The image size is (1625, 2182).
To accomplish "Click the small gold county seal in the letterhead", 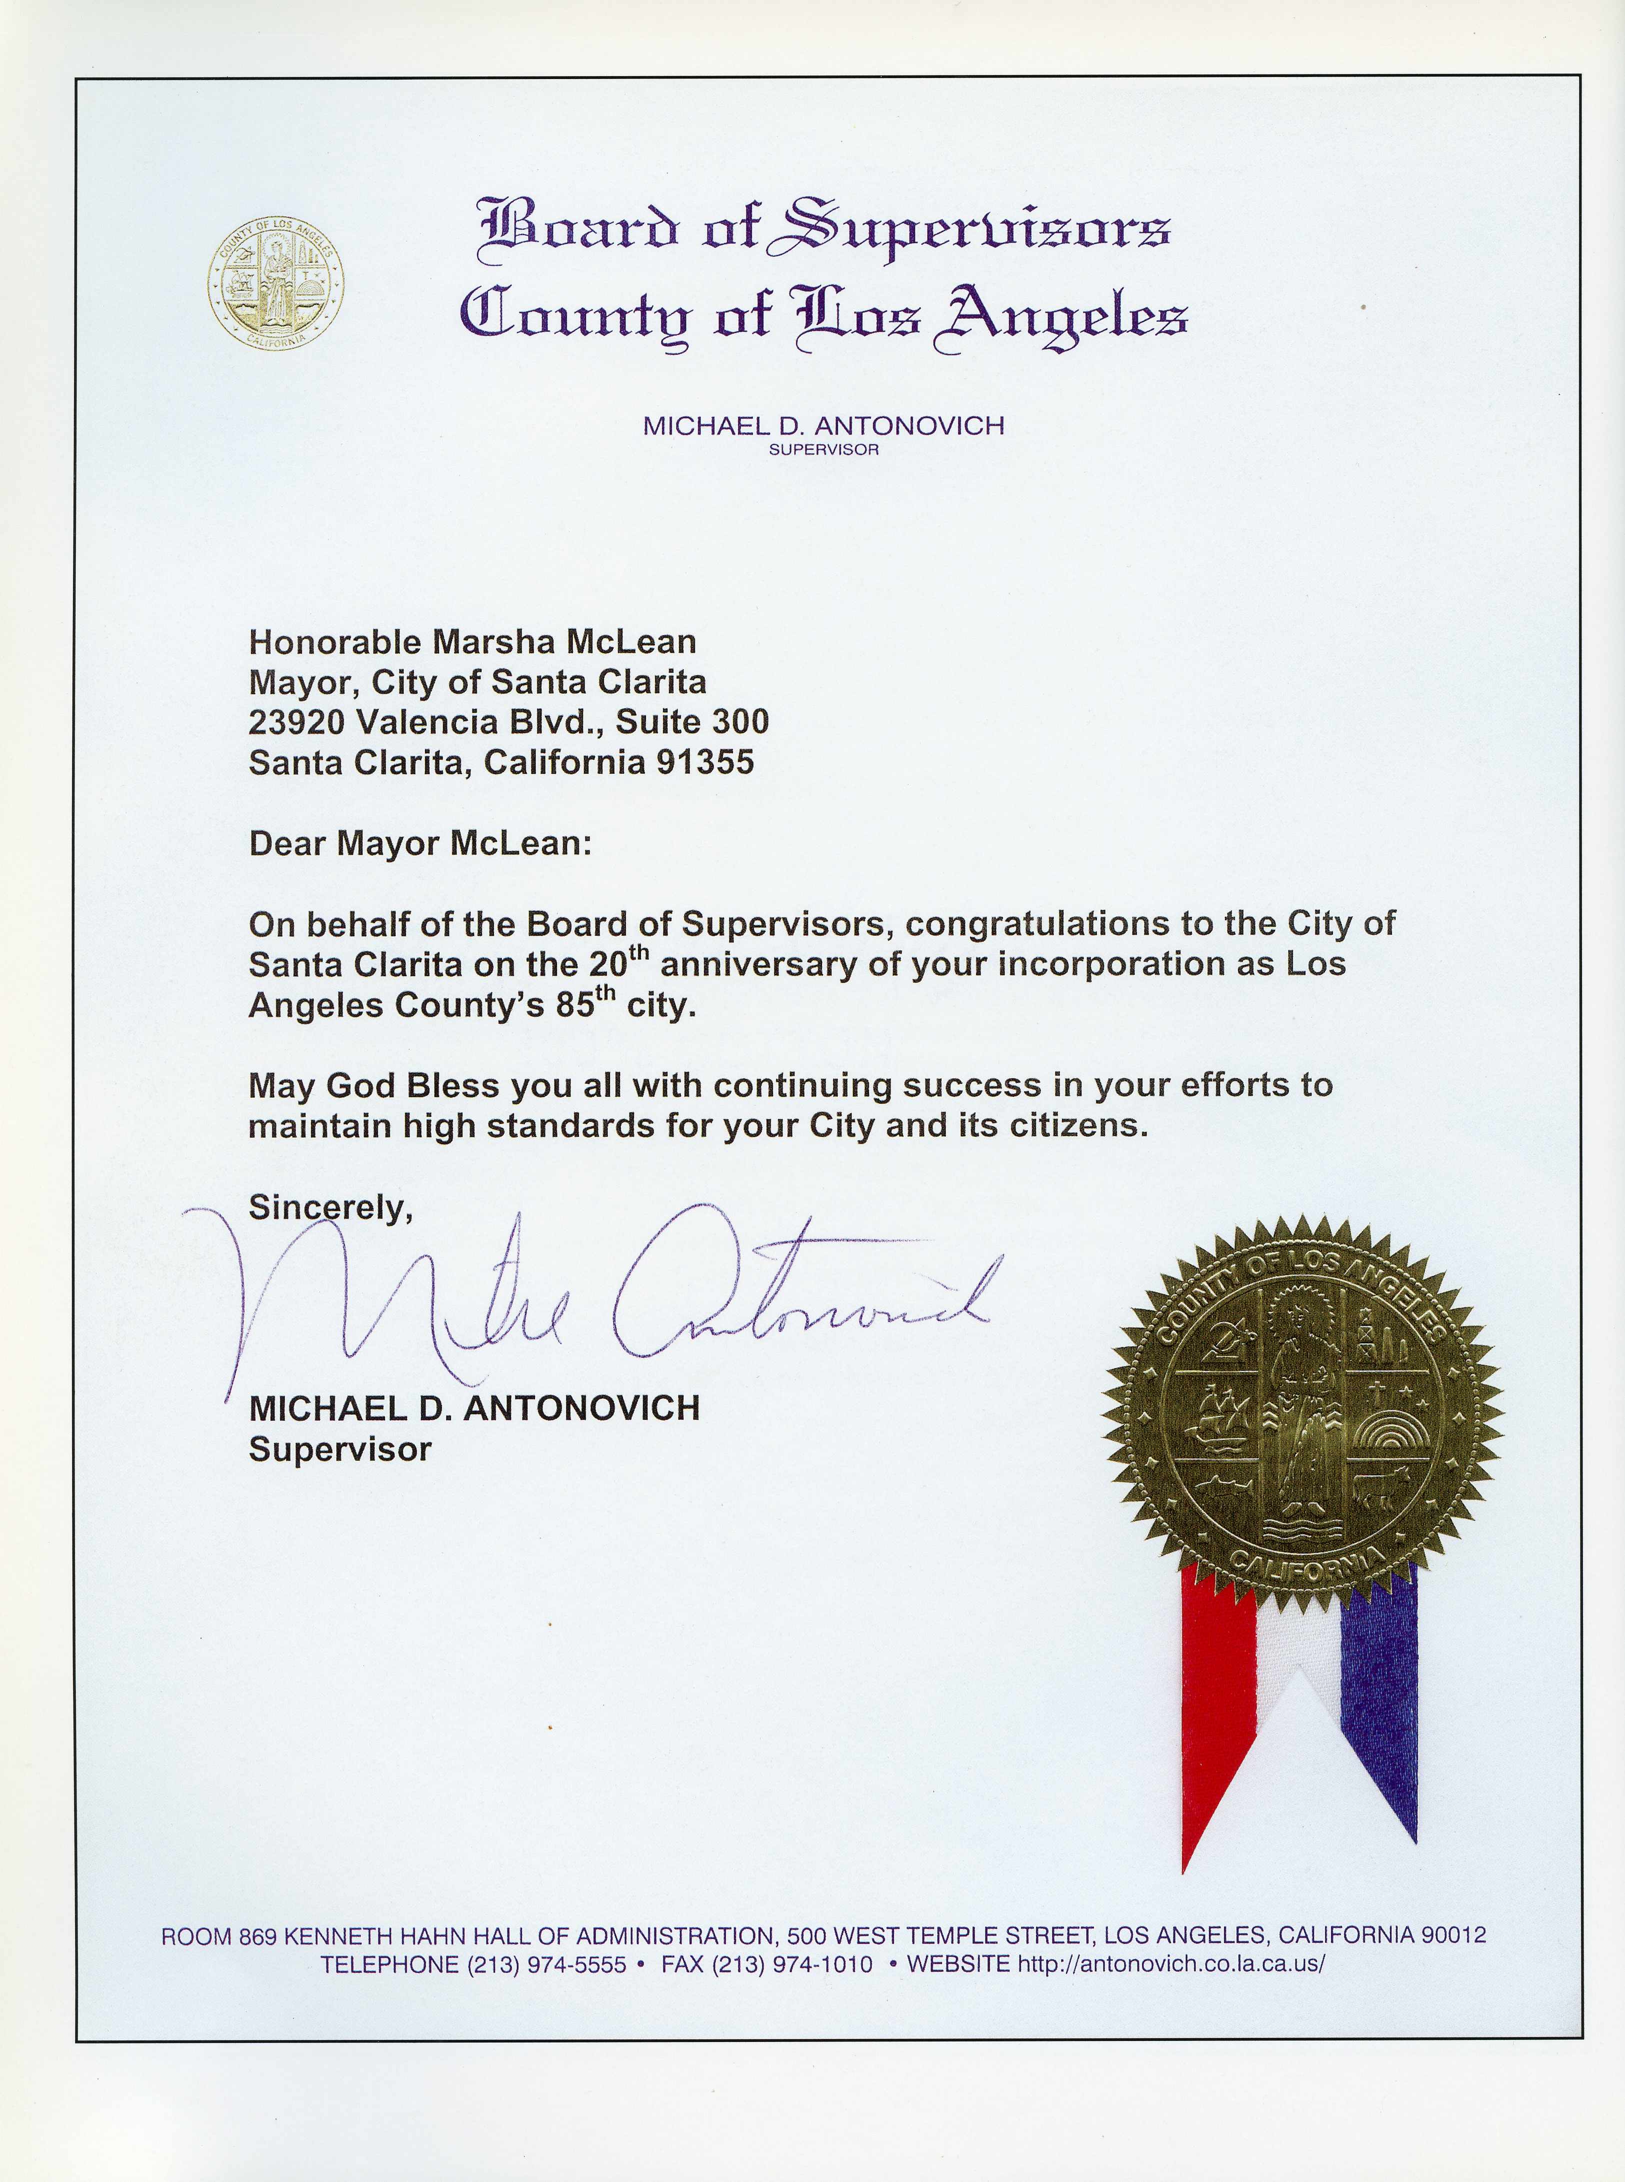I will click(x=275, y=283).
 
